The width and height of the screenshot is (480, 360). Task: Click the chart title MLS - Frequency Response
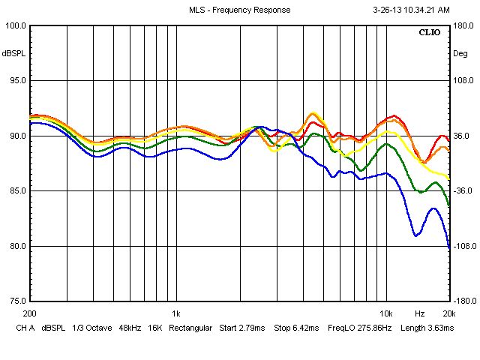[x=240, y=10]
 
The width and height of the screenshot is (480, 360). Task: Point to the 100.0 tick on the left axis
[x=16, y=25]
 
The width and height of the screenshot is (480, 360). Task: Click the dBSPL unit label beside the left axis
[x=13, y=53]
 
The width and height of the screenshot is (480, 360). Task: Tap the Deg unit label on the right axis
[x=460, y=53]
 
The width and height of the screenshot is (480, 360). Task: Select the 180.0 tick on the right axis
[x=463, y=25]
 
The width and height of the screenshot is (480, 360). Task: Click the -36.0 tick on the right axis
[x=463, y=191]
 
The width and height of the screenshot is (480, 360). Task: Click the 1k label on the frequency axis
[x=175, y=313]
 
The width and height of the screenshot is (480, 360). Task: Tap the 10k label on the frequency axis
[x=386, y=313]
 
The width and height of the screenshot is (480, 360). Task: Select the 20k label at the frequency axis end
[x=448, y=313]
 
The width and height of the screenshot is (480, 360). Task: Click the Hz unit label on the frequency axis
[x=420, y=313]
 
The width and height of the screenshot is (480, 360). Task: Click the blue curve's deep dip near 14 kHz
[x=416, y=235]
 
